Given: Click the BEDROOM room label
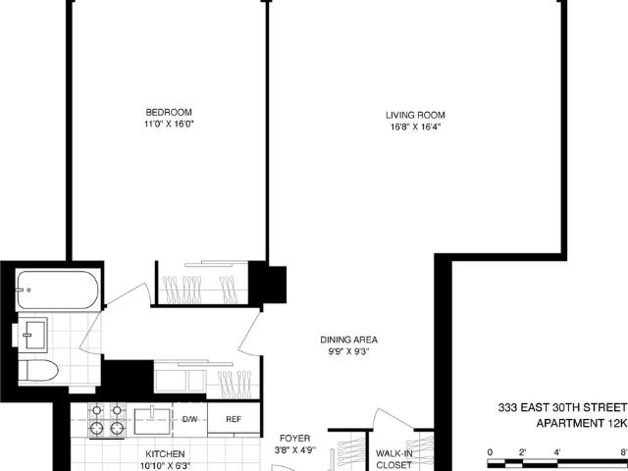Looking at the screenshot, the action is (x=169, y=112).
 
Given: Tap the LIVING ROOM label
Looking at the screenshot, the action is (x=415, y=116).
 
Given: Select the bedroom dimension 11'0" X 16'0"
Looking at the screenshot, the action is (x=169, y=125).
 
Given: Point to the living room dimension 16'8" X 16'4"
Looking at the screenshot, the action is (x=415, y=128).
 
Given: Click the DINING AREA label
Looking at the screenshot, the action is (x=349, y=340).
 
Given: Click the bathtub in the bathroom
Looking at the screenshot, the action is (x=58, y=290).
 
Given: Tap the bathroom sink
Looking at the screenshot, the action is (x=32, y=335).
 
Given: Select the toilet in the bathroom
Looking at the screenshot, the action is (x=38, y=371).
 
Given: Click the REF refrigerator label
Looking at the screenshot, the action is (x=234, y=419).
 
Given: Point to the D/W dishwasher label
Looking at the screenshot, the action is (x=189, y=419).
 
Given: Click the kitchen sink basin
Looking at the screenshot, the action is (x=152, y=421).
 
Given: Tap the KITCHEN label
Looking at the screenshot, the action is (x=165, y=454).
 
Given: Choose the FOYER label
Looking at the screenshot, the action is (x=294, y=439).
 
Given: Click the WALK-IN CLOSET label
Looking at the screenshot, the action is (x=394, y=459).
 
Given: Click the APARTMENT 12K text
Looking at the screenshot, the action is (x=581, y=423).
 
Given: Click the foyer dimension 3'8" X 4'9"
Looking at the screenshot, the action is (x=294, y=450).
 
